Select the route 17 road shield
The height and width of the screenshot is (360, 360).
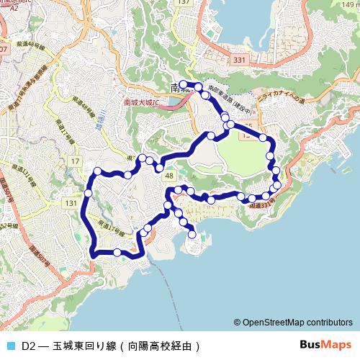[76, 161]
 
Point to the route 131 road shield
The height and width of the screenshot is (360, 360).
[71, 204]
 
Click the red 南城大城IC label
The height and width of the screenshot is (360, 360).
[141, 102]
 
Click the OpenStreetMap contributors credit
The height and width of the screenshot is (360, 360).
[296, 323]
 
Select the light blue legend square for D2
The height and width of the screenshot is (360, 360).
[10, 346]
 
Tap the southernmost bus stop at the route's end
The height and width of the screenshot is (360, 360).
[192, 233]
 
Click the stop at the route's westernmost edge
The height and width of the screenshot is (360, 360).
[88, 193]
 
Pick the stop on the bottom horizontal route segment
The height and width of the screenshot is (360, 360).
[117, 252]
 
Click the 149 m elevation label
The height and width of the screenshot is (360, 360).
[350, 6]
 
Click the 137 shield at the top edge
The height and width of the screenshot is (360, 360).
[185, 3]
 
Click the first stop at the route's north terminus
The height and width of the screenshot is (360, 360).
[183, 85]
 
